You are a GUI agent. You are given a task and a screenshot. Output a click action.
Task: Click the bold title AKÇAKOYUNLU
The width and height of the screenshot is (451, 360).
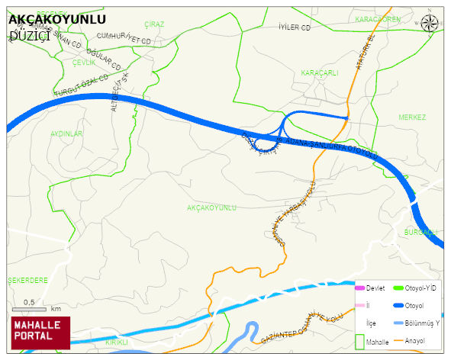point(57,18)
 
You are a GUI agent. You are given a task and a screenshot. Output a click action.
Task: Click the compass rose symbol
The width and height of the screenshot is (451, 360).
point(430,23)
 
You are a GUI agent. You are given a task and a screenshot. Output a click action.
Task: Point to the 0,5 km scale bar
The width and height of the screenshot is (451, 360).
point(31,308)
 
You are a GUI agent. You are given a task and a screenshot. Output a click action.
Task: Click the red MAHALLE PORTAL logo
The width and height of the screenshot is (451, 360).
point(40,333)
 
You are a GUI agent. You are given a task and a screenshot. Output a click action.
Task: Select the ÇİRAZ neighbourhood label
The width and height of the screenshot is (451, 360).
point(153,24)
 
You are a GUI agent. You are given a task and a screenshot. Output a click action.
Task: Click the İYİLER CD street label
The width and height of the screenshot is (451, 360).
point(296,27)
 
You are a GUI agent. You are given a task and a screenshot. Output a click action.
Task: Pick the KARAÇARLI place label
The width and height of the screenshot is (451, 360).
point(320,72)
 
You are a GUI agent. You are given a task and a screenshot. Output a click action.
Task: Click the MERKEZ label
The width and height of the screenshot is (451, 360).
point(412,117)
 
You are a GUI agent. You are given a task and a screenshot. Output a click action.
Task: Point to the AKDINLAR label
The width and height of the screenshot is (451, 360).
point(66,133)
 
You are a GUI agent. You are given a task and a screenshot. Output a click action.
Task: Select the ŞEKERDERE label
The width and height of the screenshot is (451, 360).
point(27,280)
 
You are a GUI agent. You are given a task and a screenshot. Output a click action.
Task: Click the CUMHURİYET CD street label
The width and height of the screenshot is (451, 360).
point(126,37)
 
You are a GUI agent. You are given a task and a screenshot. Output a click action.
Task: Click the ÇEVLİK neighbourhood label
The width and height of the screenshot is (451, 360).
point(84,63)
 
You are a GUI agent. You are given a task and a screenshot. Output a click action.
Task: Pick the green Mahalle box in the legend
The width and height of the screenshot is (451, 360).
point(360,341)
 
